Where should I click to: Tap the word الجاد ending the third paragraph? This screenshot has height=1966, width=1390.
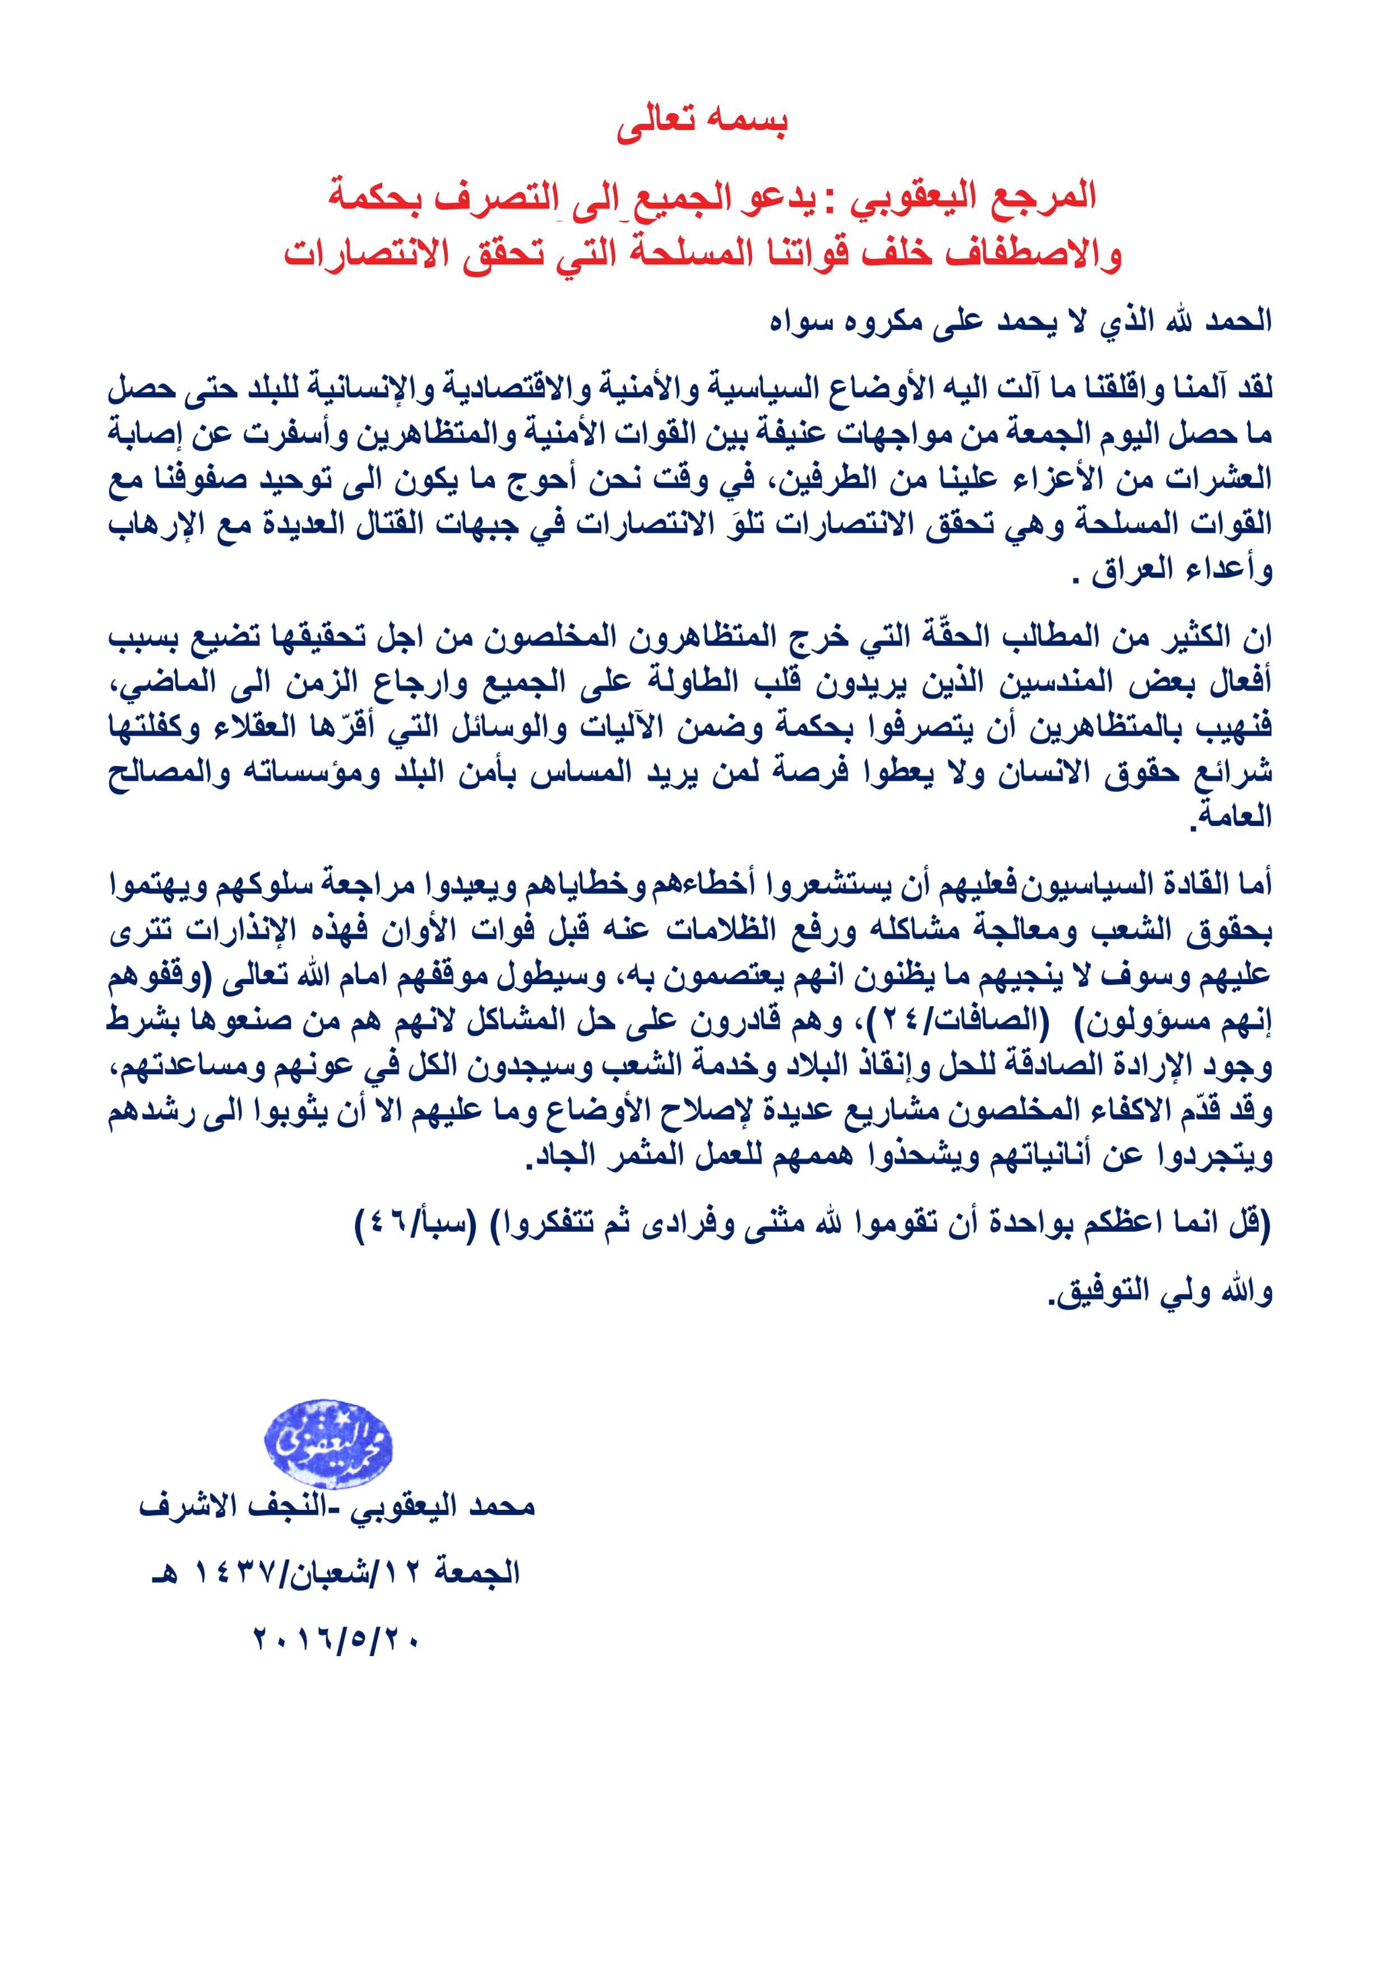pyautogui.click(x=561, y=1156)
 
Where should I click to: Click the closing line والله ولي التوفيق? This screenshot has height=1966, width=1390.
pyautogui.click(x=1160, y=1291)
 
